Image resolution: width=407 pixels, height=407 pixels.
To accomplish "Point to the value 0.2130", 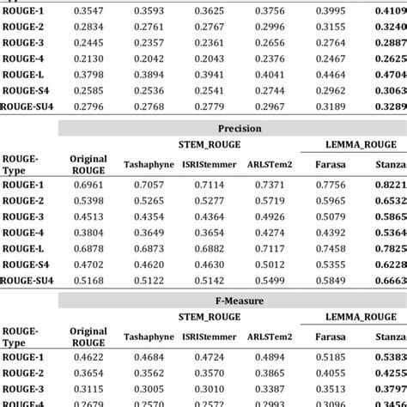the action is point(88,58).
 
